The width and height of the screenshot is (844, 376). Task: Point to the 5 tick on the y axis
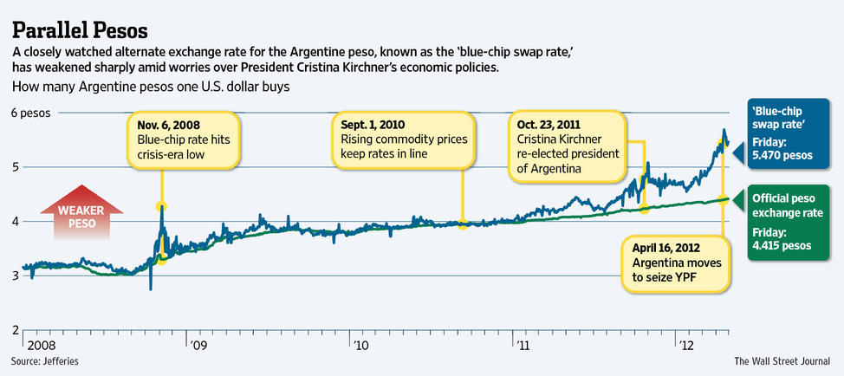(15, 167)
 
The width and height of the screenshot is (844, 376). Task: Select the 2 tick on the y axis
(15, 330)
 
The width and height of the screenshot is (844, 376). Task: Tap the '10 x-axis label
(360, 345)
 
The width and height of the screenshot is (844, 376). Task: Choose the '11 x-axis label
(523, 345)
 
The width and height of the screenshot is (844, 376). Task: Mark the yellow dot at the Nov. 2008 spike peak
(161, 206)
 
